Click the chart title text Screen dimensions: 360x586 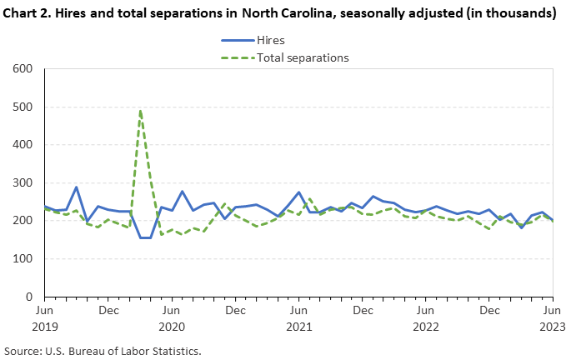click(x=281, y=13)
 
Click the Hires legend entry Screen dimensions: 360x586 click(x=266, y=40)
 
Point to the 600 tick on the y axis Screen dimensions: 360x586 click(x=23, y=69)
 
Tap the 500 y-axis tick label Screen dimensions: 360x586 click(x=23, y=107)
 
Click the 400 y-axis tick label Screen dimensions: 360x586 click(x=23, y=144)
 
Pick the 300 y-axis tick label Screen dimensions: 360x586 click(x=23, y=182)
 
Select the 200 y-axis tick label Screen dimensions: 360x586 click(x=23, y=221)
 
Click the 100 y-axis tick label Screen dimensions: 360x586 click(x=23, y=258)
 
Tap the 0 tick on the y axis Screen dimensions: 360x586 click(x=30, y=297)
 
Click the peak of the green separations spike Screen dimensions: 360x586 click(x=140, y=110)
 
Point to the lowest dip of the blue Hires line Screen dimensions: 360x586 click(x=145, y=237)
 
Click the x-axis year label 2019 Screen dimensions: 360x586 click(x=45, y=327)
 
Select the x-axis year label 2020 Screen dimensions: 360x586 click(x=172, y=327)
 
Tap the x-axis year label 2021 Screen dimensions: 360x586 click(x=299, y=327)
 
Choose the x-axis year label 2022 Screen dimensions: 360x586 click(x=426, y=327)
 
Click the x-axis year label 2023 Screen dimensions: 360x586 click(x=553, y=327)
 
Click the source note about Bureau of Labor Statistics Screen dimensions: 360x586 click(x=103, y=351)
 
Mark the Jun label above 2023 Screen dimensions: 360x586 click(x=553, y=311)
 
